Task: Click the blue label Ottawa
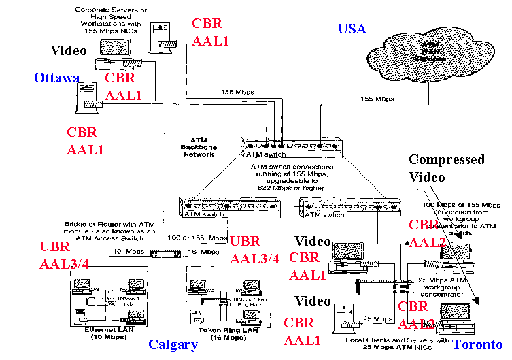pos(57,78)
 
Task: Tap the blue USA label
pos(352,29)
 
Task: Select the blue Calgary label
pos(173,344)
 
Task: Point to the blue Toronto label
pos(479,344)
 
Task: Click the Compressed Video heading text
pos(447,168)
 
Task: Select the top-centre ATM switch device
pos(289,145)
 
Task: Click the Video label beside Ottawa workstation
pos(69,50)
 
